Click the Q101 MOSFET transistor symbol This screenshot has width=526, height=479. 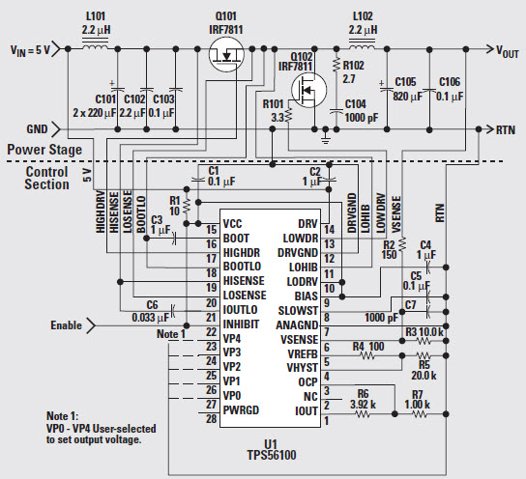(226, 54)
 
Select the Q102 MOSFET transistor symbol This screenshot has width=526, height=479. (308, 90)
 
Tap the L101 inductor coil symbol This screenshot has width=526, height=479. (96, 46)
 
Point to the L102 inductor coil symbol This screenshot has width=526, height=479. (363, 46)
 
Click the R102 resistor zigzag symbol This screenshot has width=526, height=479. (336, 66)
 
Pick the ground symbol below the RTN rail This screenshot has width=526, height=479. (325, 138)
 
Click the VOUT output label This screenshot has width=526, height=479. (508, 52)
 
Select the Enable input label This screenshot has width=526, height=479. (66, 325)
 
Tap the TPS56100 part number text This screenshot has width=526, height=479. (272, 455)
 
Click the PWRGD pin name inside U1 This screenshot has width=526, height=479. (241, 410)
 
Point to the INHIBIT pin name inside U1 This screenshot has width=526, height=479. (241, 324)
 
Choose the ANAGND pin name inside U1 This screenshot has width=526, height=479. (297, 325)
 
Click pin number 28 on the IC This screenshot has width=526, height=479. (212, 419)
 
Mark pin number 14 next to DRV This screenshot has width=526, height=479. (329, 230)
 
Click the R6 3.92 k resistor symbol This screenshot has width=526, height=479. (363, 414)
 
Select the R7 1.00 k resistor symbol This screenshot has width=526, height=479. (420, 414)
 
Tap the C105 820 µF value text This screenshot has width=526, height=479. (408, 97)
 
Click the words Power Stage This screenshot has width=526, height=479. (44, 150)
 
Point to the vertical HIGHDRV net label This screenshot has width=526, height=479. (101, 212)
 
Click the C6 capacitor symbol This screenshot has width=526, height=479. (173, 311)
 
